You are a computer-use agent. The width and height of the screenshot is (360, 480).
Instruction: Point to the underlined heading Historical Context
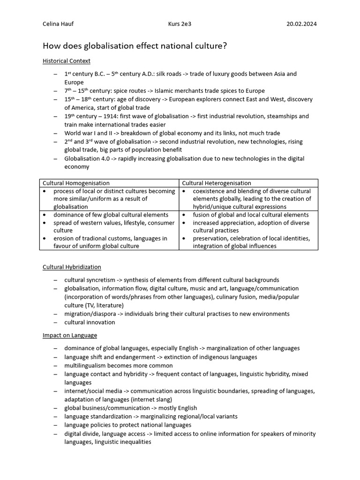67,61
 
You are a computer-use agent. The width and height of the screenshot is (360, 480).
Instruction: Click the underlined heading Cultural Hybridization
72,267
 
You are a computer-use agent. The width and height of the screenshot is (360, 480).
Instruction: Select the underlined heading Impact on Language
70,335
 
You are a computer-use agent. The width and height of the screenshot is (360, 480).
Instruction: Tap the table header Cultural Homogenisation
76,183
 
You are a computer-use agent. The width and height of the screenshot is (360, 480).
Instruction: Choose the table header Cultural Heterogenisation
217,183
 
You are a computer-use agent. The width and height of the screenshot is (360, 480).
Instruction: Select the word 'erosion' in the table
64,239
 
